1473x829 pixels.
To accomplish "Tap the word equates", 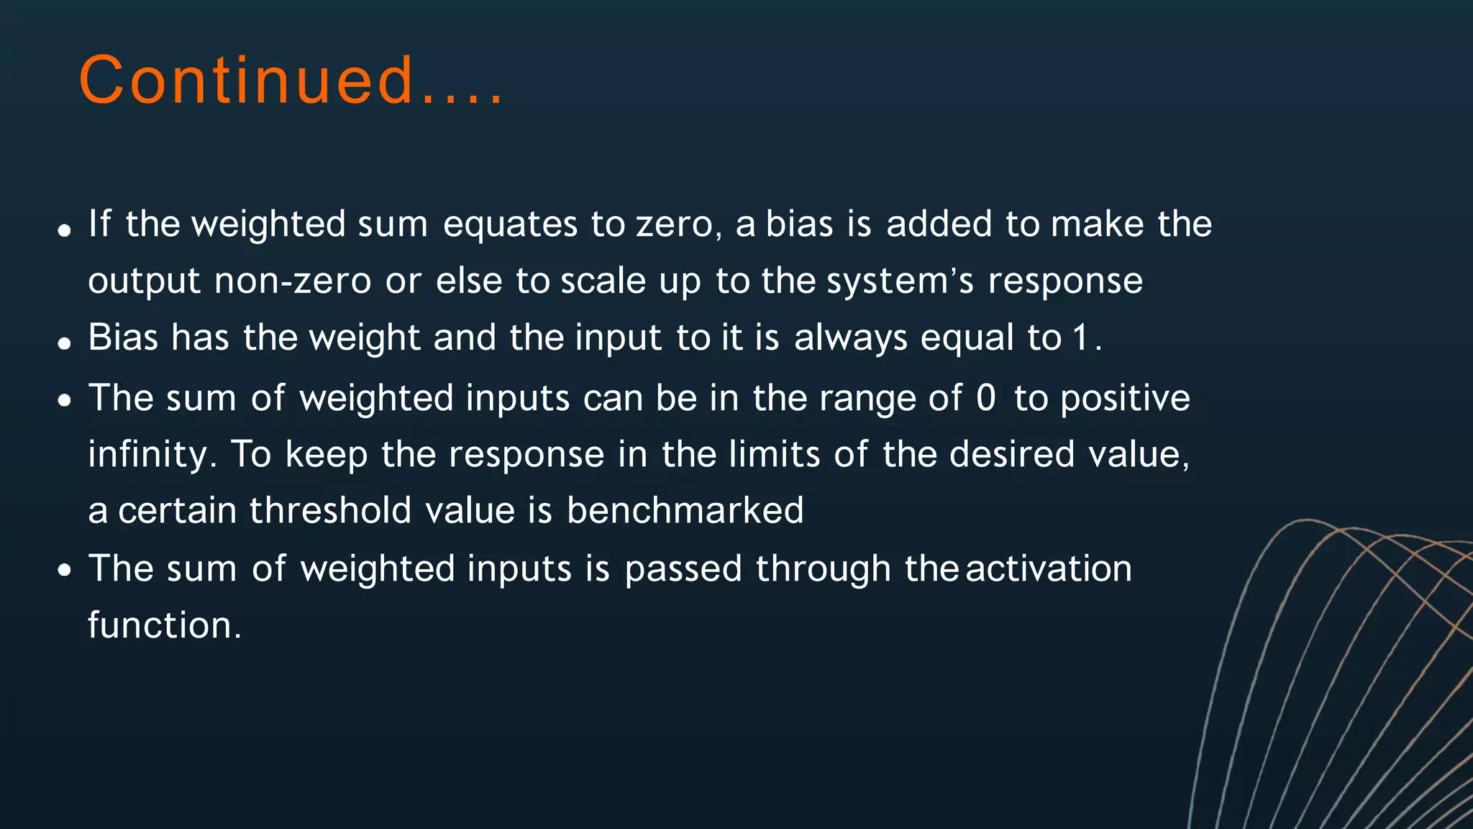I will pyautogui.click(x=510, y=225).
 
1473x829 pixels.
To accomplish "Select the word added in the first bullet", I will pyautogui.click(x=939, y=224).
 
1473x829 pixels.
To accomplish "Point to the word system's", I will pyautogui.click(x=900, y=282).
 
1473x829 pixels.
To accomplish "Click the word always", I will pyautogui.click(x=850, y=338).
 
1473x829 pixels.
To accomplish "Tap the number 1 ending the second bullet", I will pyautogui.click(x=1080, y=338).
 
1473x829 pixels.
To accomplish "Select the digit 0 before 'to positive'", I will pyautogui.click(x=986, y=398).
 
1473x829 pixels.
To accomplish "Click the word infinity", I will pyautogui.click(x=151, y=456).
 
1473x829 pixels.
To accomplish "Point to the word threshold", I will pyautogui.click(x=331, y=510).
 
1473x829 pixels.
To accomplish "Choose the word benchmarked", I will pyautogui.click(x=685, y=510).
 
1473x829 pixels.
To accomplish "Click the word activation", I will pyautogui.click(x=1049, y=568).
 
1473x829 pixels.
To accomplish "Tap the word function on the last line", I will pyautogui.click(x=163, y=625).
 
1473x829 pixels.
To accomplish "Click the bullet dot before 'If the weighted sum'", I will pyautogui.click(x=65, y=231).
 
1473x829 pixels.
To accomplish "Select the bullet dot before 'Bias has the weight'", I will pyautogui.click(x=65, y=344).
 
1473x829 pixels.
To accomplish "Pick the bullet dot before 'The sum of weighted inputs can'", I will pyautogui.click(x=65, y=401).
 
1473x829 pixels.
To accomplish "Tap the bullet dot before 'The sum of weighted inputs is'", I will pyautogui.click(x=65, y=571).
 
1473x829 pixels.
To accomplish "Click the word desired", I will pyautogui.click(x=1011, y=455).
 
